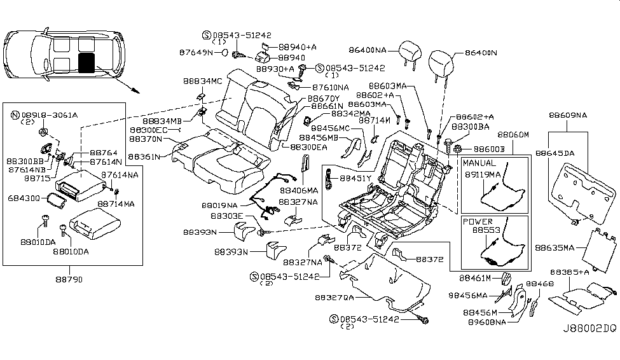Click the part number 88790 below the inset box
click(x=69, y=279)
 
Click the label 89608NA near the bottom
click(x=485, y=322)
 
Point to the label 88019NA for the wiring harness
click(x=220, y=205)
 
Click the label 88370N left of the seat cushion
click(x=146, y=139)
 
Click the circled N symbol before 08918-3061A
click(x=15, y=115)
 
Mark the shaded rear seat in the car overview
click(x=85, y=62)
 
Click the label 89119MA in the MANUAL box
click(x=486, y=173)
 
